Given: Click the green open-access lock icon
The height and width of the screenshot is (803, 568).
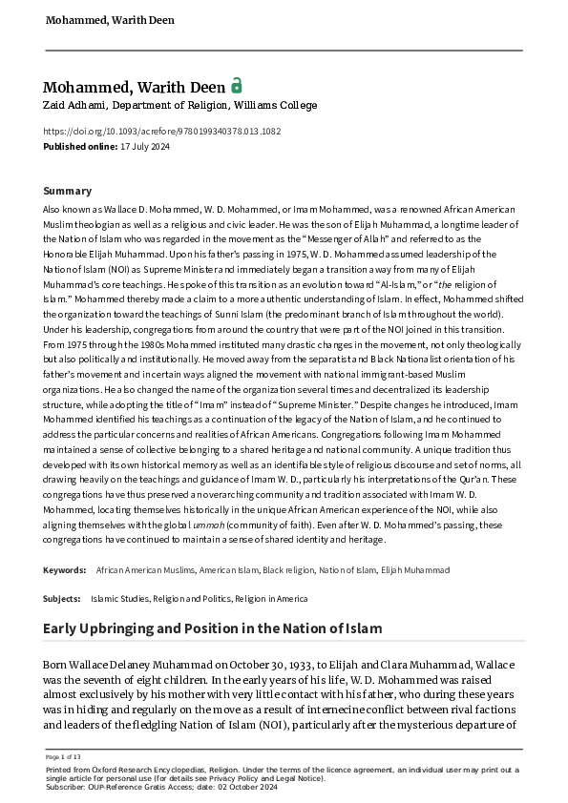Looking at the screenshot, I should (x=237, y=85).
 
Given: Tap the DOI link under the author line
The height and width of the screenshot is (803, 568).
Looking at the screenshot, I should (x=161, y=132).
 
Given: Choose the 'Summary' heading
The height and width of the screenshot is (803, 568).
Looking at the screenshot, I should (x=68, y=191).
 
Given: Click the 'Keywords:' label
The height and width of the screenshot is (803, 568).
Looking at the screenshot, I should (x=66, y=569).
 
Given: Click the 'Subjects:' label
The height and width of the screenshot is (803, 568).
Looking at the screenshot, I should (x=62, y=599).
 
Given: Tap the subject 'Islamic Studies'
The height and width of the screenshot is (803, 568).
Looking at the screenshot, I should (x=120, y=599).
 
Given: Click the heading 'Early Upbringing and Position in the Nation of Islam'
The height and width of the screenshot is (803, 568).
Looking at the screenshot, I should (x=213, y=628).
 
